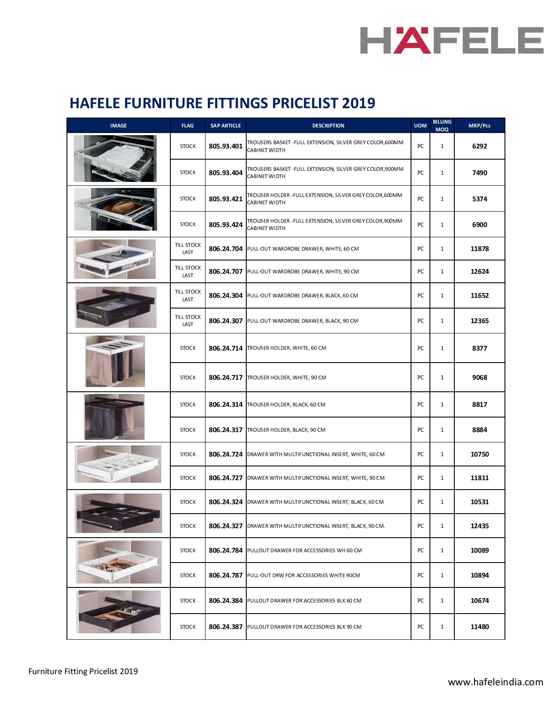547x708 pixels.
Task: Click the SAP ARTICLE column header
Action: (226, 126)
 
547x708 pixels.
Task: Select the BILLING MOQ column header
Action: (442, 125)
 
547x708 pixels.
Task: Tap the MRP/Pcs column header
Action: (479, 126)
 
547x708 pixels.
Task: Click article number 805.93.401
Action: (226, 146)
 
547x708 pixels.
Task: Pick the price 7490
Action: (479, 172)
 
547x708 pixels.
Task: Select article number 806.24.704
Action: (226, 249)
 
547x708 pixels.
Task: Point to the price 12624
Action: (479, 272)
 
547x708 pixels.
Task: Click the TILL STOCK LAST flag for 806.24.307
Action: (188, 321)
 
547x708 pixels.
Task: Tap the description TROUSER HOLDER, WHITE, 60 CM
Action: (287, 348)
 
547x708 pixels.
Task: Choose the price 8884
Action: (479, 430)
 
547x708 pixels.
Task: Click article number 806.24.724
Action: (226, 454)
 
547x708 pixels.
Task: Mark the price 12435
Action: (479, 526)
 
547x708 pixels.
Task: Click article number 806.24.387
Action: (226, 627)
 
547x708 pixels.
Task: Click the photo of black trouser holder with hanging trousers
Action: (114, 417)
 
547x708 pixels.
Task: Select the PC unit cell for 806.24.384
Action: (420, 601)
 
